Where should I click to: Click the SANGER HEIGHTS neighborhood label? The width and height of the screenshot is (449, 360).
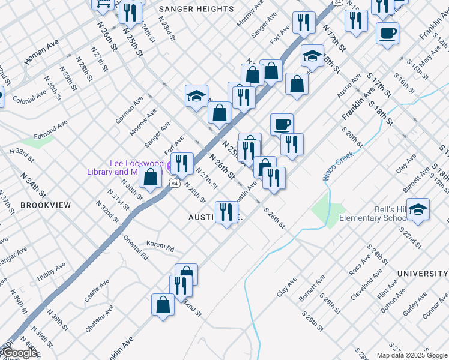tap(196, 9)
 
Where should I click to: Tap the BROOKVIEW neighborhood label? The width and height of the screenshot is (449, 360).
tap(46, 205)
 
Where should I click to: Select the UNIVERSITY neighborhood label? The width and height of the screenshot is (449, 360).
tap(423, 274)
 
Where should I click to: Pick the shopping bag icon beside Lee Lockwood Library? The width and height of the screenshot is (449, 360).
tap(151, 178)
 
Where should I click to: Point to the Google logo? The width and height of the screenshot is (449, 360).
tap(20, 353)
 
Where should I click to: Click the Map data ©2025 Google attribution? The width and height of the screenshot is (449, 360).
tap(412, 355)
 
